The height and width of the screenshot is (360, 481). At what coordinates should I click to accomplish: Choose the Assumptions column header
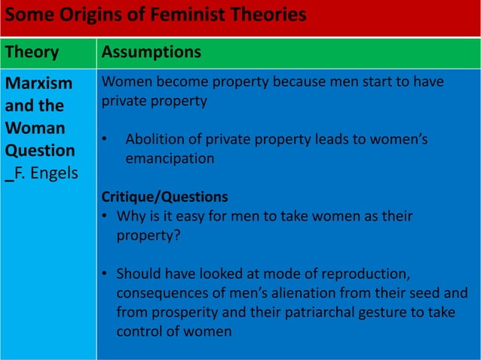151,52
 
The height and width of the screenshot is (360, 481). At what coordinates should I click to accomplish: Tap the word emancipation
170,158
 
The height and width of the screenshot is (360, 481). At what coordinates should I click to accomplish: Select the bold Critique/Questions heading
164,197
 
